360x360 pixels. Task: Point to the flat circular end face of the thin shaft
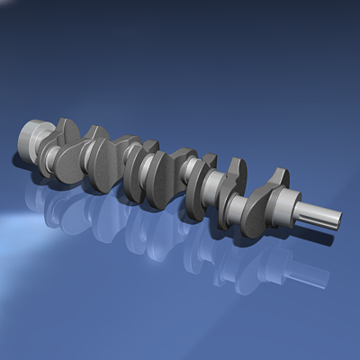(x=337, y=220)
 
